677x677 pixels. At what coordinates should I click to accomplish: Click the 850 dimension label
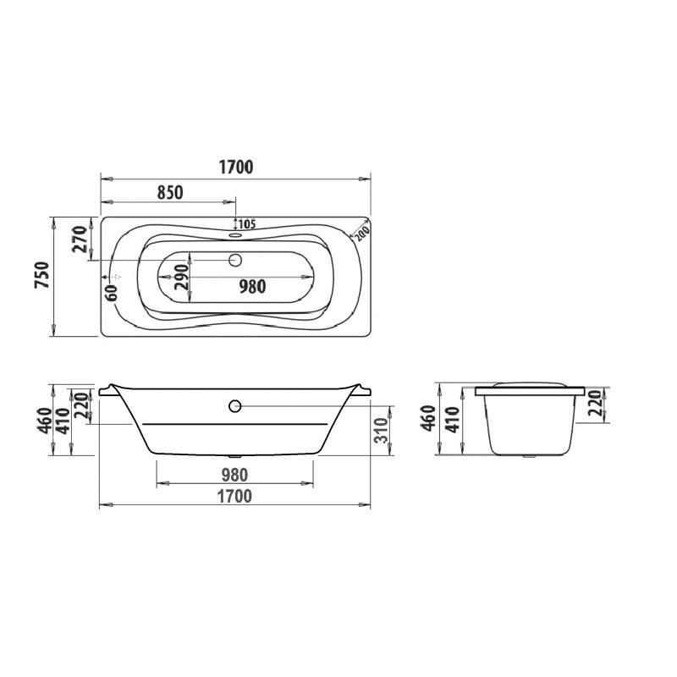point(170,193)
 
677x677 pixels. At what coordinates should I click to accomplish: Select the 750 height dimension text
point(42,275)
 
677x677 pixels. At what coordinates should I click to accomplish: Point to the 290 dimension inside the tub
point(181,277)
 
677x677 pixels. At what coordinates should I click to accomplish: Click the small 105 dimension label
point(247,224)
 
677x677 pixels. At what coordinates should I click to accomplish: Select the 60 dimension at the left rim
point(112,293)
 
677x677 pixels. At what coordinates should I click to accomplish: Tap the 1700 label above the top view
point(236,167)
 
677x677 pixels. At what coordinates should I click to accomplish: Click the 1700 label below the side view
point(234,497)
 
